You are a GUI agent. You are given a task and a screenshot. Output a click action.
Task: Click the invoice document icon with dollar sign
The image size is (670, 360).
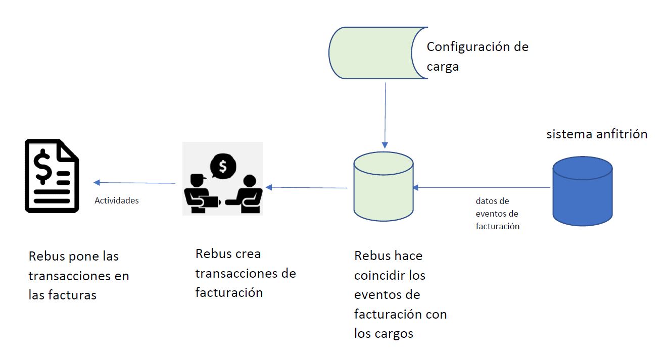52,176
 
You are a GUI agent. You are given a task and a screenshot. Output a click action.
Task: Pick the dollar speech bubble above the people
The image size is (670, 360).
223,166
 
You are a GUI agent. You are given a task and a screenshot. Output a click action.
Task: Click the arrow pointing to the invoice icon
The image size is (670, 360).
134,183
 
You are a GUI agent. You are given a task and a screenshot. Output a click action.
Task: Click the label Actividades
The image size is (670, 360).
117,200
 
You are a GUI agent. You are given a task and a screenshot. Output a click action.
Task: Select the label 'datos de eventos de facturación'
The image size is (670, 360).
497,214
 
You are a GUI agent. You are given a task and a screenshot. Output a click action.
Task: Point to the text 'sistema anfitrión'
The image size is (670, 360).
597,134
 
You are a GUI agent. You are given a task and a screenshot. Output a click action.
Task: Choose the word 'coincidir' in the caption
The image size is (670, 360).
382,276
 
